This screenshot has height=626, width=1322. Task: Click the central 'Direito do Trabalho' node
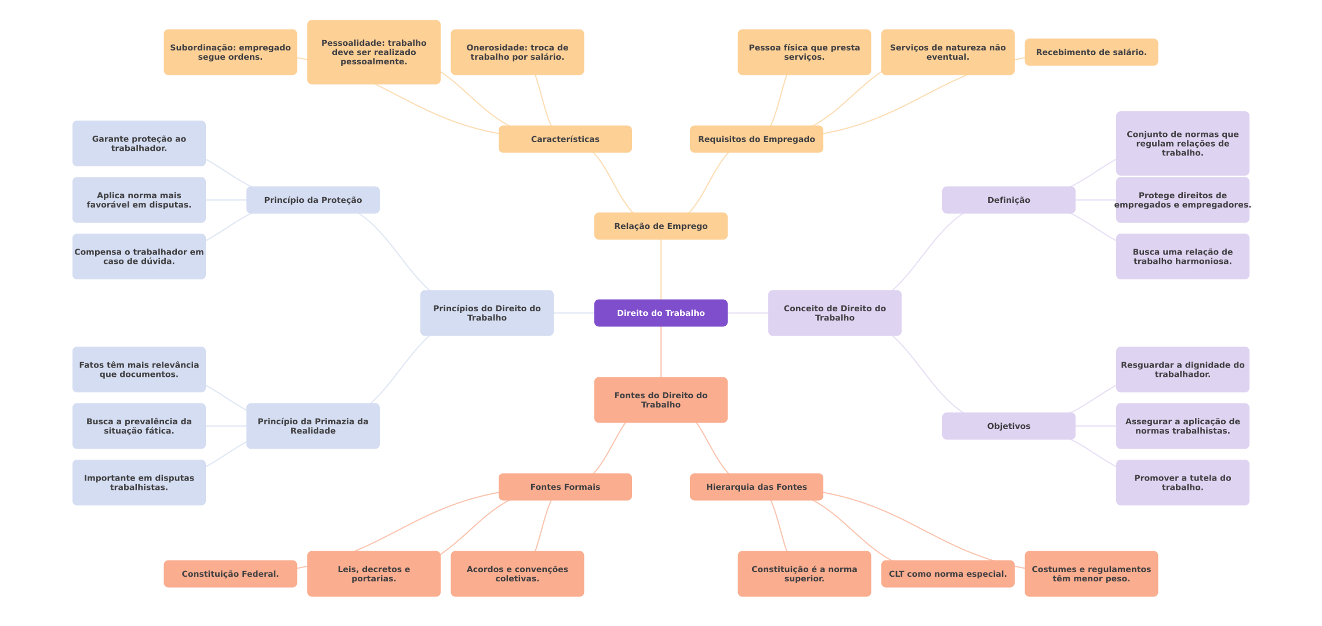[x=660, y=313]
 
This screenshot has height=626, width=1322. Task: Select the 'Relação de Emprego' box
[x=660, y=226]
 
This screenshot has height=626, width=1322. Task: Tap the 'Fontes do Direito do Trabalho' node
[x=660, y=400]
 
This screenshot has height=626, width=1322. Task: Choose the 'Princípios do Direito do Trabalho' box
[x=486, y=313]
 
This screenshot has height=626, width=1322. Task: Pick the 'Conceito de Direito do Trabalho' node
[x=834, y=313]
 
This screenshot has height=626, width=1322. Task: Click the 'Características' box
[x=565, y=139]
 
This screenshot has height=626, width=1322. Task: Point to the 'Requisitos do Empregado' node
[x=756, y=139]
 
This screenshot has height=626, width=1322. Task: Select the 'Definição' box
[x=1008, y=200]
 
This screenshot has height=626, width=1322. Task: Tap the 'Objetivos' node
[x=1008, y=426]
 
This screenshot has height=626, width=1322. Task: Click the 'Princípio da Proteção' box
[x=313, y=200]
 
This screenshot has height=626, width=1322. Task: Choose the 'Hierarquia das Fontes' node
[x=756, y=487]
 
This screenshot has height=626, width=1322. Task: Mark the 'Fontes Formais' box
[x=565, y=487]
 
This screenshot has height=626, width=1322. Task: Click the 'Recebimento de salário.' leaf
[x=1091, y=52]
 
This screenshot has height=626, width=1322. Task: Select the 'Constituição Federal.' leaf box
[x=230, y=574]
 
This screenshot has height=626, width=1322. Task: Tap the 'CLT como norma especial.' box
[x=947, y=574]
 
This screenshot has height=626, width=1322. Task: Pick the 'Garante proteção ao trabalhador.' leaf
[x=139, y=143]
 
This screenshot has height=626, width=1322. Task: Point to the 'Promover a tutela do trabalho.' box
[x=1182, y=482]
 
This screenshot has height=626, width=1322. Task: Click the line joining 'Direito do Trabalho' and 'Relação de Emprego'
[x=661, y=270]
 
